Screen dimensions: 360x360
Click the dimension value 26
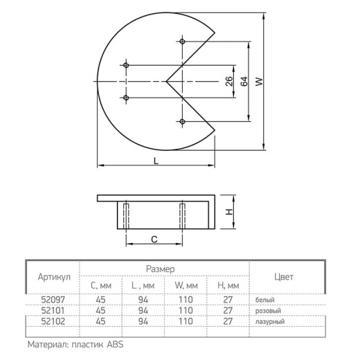(229, 81)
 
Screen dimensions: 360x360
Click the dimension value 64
(244, 81)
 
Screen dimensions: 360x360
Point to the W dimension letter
(259, 82)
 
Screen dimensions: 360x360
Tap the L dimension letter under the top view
(156, 161)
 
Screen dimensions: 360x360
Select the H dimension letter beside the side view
(229, 212)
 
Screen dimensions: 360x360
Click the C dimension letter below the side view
(154, 240)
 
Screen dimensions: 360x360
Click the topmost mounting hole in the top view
(182, 42)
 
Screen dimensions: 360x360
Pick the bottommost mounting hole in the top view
(182, 121)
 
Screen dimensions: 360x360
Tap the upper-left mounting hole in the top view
(126, 65)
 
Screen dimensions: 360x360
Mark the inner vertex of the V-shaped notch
(166, 81)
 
